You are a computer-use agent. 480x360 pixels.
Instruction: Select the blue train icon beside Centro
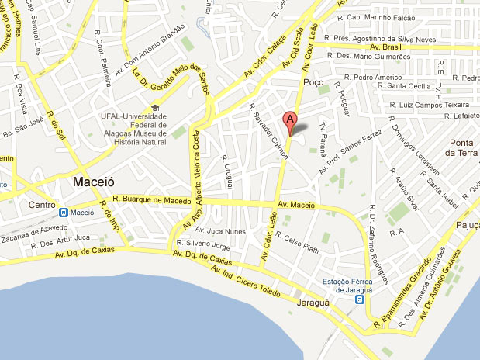point(63,211)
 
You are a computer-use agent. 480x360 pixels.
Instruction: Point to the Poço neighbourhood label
point(314,82)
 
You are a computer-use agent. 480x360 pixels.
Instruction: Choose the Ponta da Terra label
point(461,147)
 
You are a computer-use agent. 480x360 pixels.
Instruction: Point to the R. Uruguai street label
point(228,169)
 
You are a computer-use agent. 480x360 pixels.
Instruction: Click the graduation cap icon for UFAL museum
point(155,108)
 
